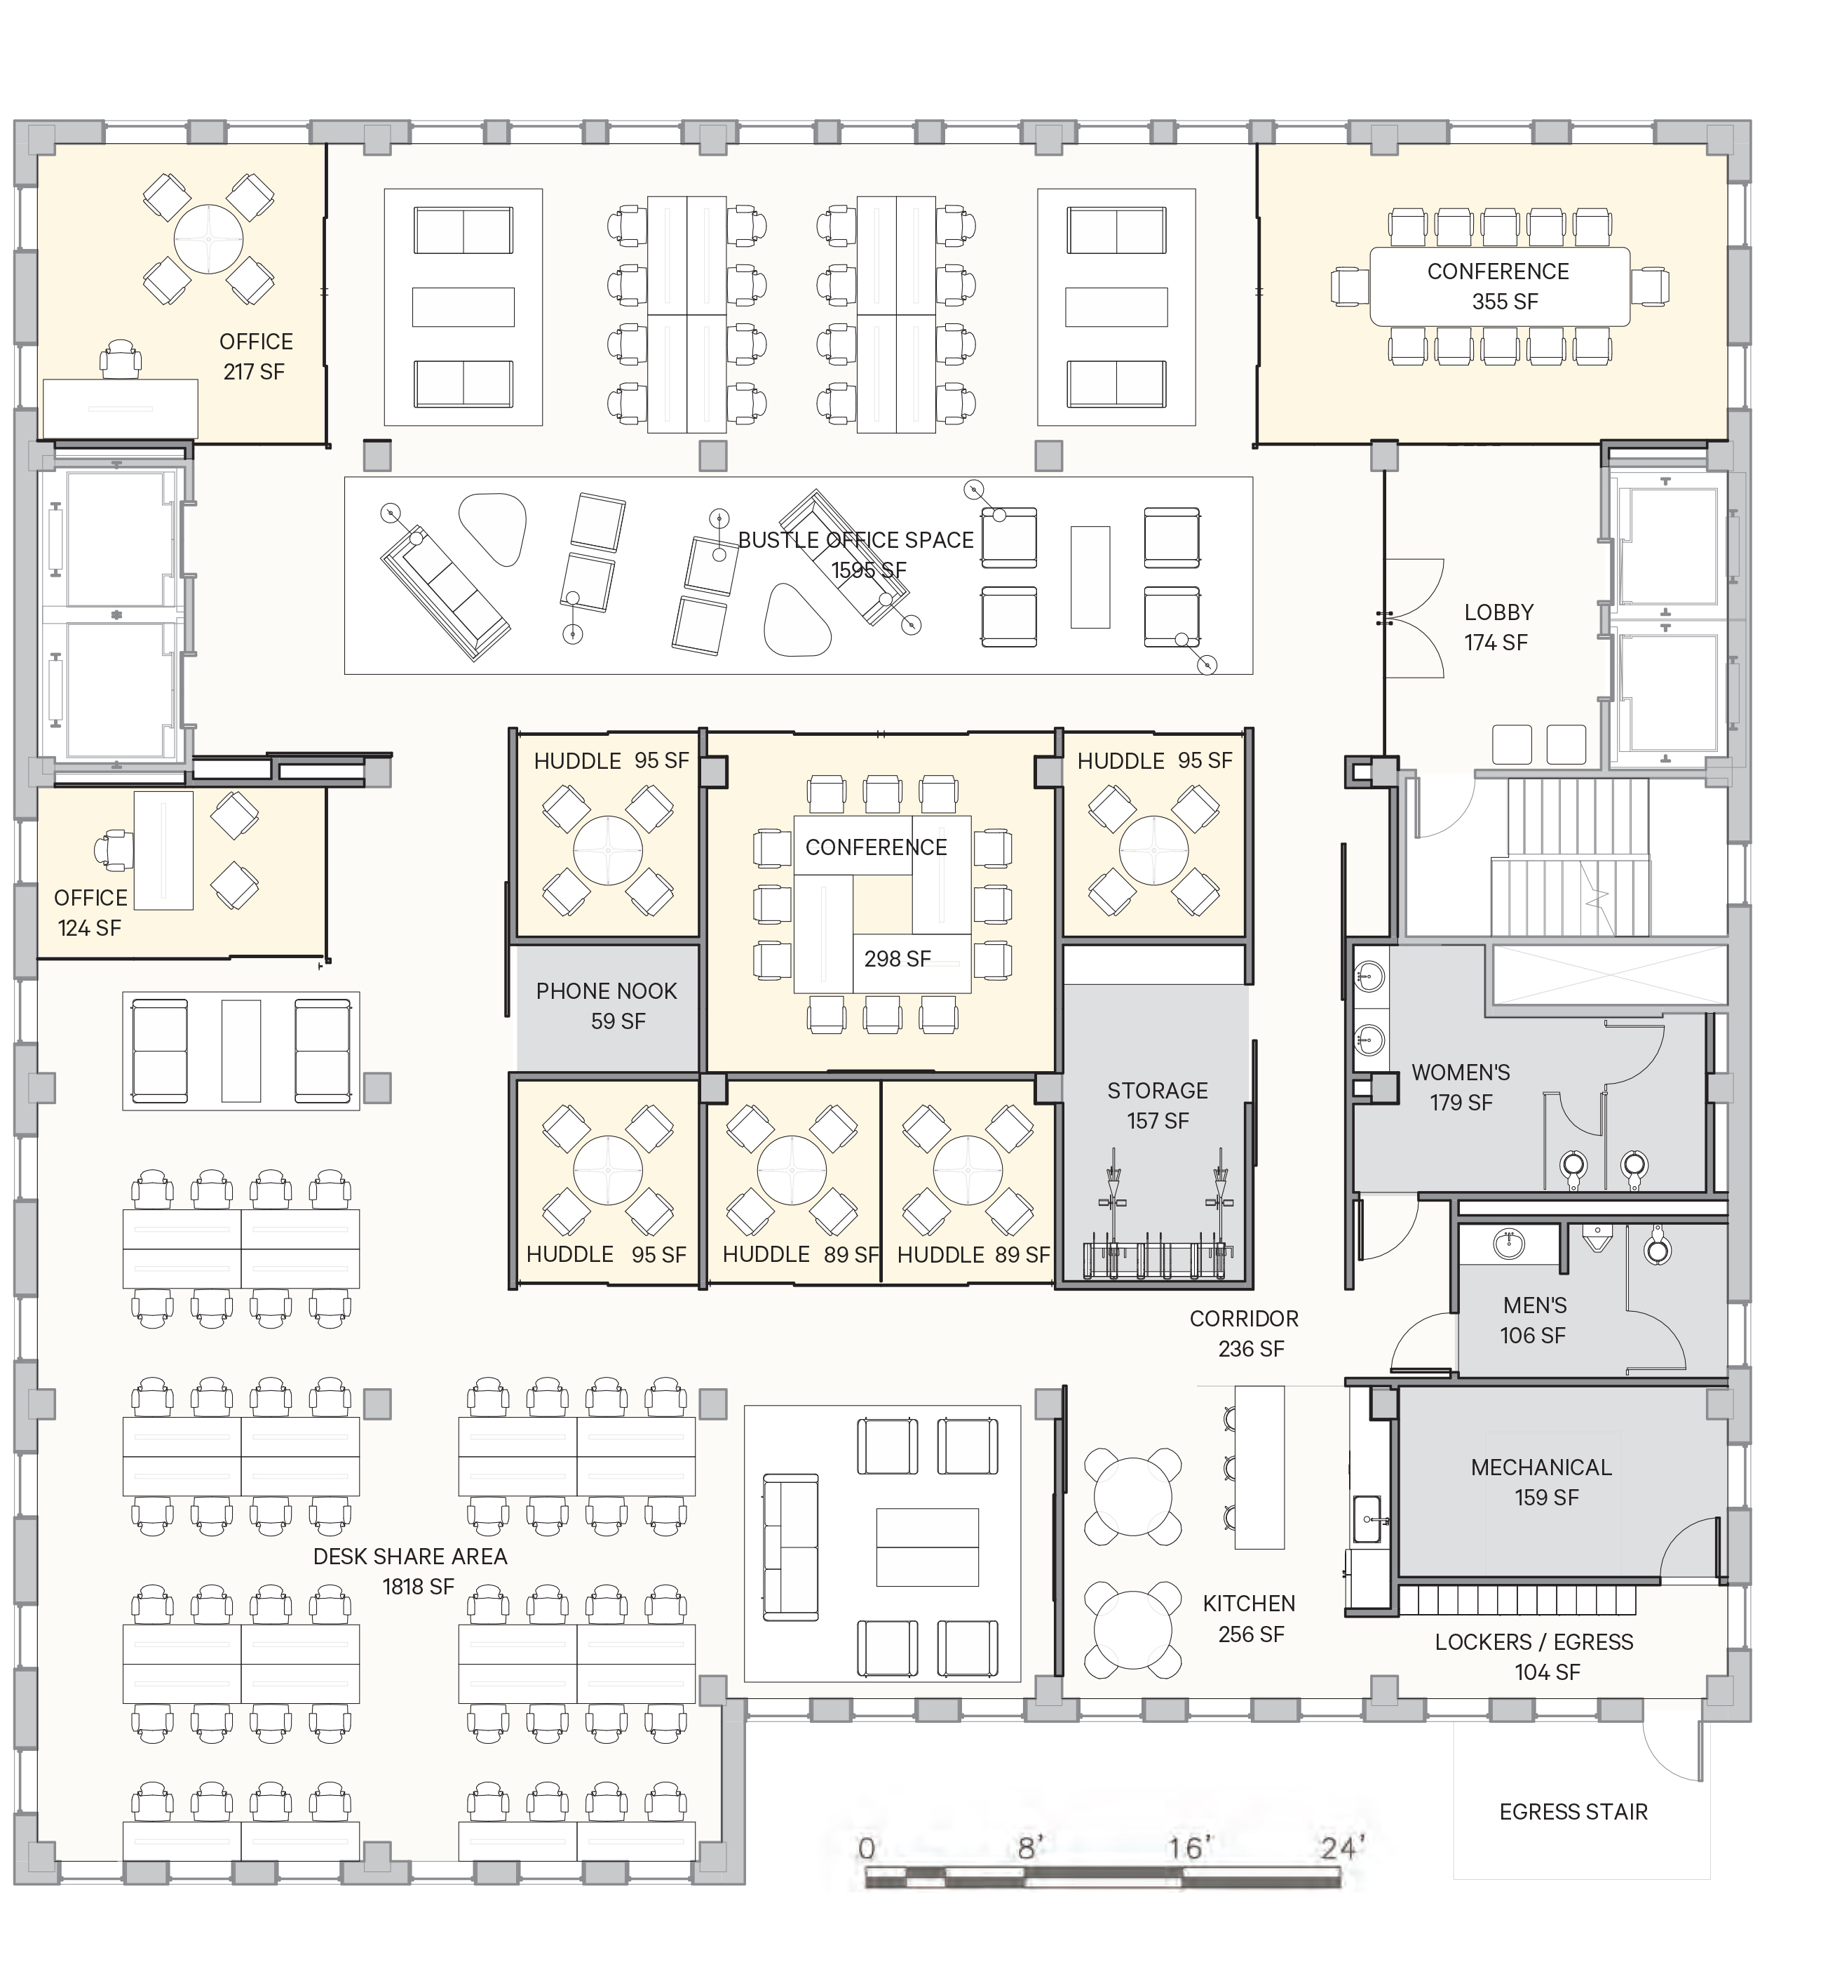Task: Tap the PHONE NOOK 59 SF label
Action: pyautogui.click(x=607, y=1005)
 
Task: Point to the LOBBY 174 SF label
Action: pyautogui.click(x=1498, y=627)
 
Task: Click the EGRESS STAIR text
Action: pyautogui.click(x=1573, y=1812)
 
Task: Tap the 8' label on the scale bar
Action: pyautogui.click(x=1031, y=1848)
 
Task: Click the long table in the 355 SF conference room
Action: pyautogui.click(x=1498, y=287)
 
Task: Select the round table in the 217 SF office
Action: pyautogui.click(x=209, y=238)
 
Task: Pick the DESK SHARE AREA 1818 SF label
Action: pyautogui.click(x=409, y=1571)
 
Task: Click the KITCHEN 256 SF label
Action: pyautogui.click(x=1250, y=1619)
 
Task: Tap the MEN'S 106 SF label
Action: pyautogui.click(x=1534, y=1320)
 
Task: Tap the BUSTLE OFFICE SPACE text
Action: pyautogui.click(x=855, y=540)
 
